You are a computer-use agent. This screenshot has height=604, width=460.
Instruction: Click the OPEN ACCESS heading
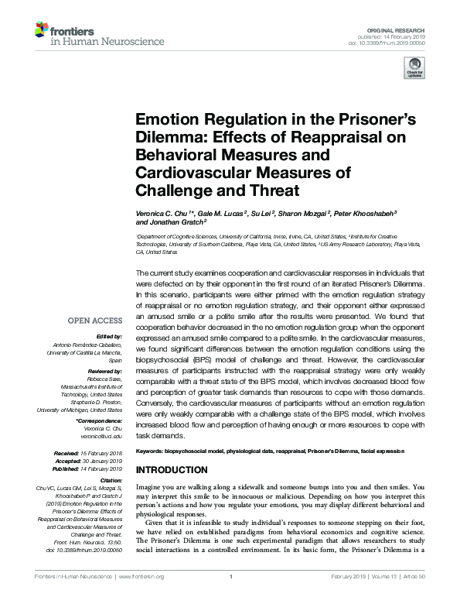[96, 320]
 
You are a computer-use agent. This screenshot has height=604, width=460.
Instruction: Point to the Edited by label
[110, 338]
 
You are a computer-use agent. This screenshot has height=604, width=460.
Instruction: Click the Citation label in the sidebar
[111, 482]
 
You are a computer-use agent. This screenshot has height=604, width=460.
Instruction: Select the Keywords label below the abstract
[150, 451]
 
